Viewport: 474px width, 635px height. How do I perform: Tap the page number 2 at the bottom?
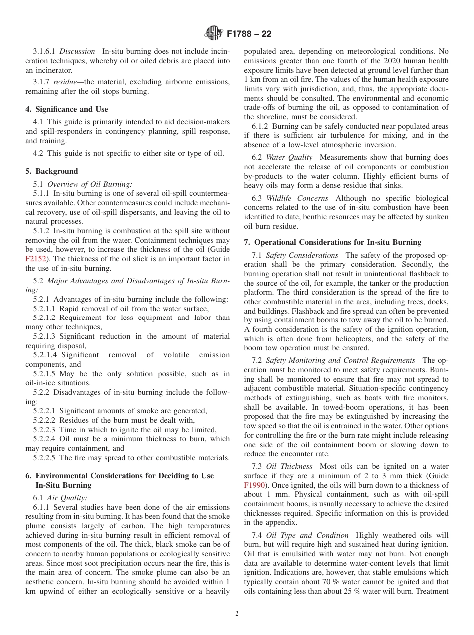pyautogui.click(x=237, y=614)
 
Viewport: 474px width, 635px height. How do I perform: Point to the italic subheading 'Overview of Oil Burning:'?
pyautogui.click(x=89, y=184)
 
